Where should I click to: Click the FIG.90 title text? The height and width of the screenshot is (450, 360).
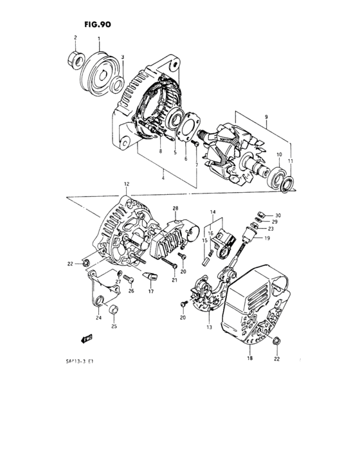[x=97, y=25]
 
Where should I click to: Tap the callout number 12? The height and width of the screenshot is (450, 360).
[x=127, y=184]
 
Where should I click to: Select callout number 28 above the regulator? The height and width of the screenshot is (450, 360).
[x=174, y=209]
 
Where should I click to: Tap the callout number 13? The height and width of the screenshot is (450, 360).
[x=209, y=327]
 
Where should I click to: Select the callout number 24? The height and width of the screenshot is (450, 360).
[x=98, y=317]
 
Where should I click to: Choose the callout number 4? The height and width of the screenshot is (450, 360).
[x=163, y=177]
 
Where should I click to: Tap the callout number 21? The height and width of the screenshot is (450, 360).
[x=174, y=280]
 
